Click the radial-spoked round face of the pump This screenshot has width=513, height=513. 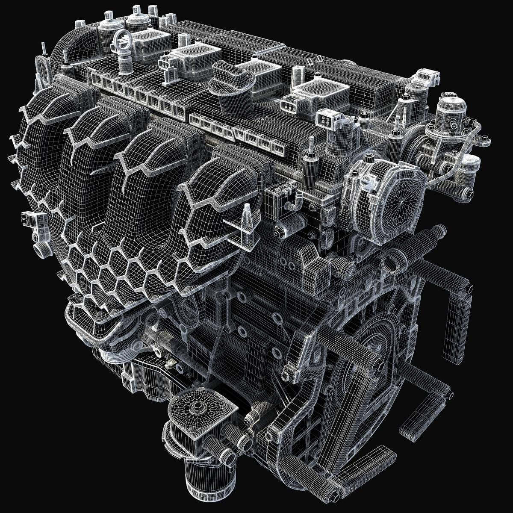[x=395, y=197]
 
